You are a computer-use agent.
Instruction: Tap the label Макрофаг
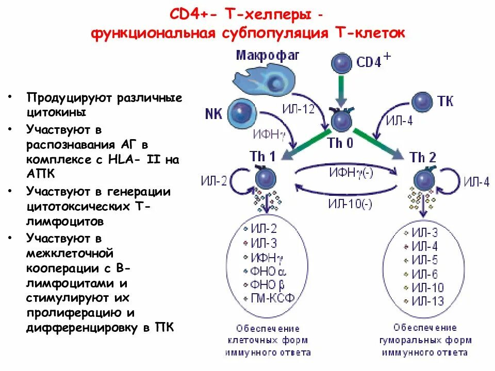click(268, 55)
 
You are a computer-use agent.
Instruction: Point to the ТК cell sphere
click(423, 100)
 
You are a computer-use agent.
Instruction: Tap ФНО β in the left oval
click(268, 284)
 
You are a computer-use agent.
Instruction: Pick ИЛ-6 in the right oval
click(424, 274)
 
